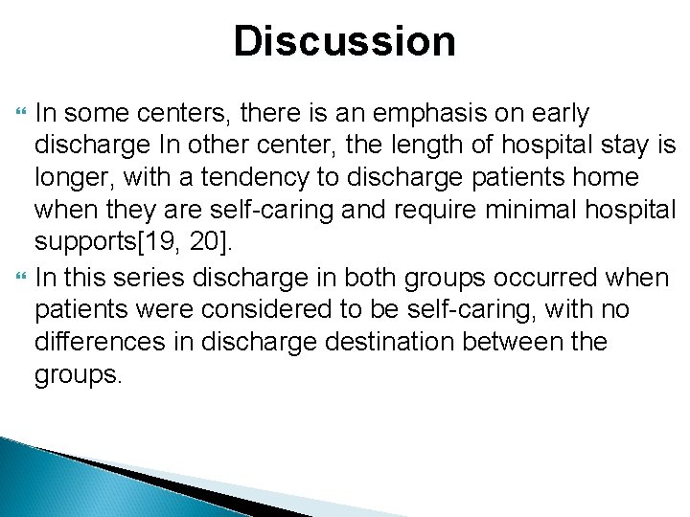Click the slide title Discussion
[x=344, y=42]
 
